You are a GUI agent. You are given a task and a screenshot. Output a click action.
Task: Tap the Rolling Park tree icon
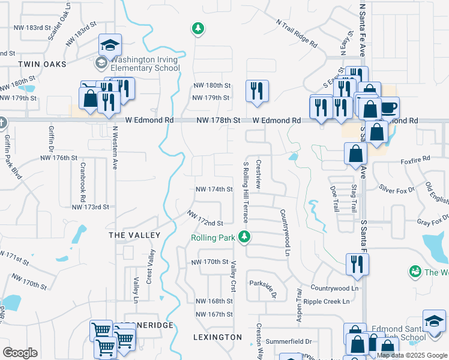[x=244, y=238]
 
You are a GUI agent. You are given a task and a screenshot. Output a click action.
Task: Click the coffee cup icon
[x=388, y=107]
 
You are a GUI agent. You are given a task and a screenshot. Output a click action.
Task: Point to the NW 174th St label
[x=214, y=190]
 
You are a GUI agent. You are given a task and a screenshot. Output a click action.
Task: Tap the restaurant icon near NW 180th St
[x=257, y=91]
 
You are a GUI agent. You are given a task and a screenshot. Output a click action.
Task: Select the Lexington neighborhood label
[x=218, y=337]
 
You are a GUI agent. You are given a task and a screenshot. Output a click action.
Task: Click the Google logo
[x=20, y=353]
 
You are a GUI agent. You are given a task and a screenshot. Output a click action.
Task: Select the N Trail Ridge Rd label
[x=297, y=32]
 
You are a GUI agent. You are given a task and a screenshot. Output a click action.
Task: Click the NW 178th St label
[x=218, y=121]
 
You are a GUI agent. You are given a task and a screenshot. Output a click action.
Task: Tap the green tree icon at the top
[x=197, y=28]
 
